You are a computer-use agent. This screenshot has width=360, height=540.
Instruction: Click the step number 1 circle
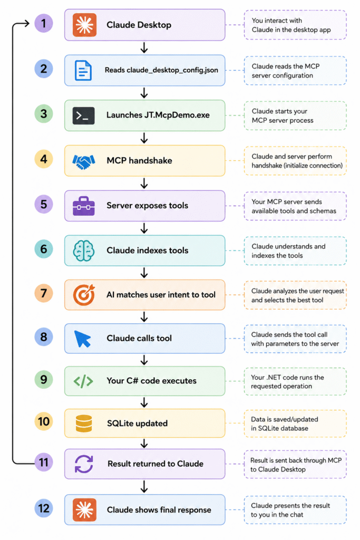coord(44,23)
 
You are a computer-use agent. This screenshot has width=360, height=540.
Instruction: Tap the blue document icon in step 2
coord(83,70)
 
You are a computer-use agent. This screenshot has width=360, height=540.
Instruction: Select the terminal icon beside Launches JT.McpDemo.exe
coord(83,115)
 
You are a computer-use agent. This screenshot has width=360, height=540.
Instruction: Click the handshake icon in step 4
coord(84,161)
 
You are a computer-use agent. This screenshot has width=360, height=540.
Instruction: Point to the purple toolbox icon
coord(84,206)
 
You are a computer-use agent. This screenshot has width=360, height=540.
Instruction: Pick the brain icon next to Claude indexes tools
coord(84,250)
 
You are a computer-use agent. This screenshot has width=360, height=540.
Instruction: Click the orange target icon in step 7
coord(84,295)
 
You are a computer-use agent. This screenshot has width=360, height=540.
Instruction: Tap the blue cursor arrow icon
coord(83,339)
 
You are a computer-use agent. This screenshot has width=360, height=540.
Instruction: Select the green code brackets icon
coord(83,381)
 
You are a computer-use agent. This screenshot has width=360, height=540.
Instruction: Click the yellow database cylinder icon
coord(84,423)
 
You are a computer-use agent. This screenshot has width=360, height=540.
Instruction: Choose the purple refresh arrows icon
coord(84,464)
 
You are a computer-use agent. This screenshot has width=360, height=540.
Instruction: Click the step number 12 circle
coord(44,508)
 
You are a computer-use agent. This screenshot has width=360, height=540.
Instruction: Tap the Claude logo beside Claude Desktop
coord(84,25)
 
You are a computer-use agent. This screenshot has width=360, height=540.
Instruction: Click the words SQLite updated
coord(138,423)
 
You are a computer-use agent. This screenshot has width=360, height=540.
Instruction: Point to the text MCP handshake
coord(139,160)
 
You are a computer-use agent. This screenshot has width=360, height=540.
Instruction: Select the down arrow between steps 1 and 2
coord(144,47)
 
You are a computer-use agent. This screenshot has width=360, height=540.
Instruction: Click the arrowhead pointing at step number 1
coord(27,23)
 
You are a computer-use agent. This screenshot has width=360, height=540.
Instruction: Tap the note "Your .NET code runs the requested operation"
coord(287,382)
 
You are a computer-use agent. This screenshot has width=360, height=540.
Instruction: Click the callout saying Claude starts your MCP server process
coord(283,115)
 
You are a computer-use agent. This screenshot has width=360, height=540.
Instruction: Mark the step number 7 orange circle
coord(44,293)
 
